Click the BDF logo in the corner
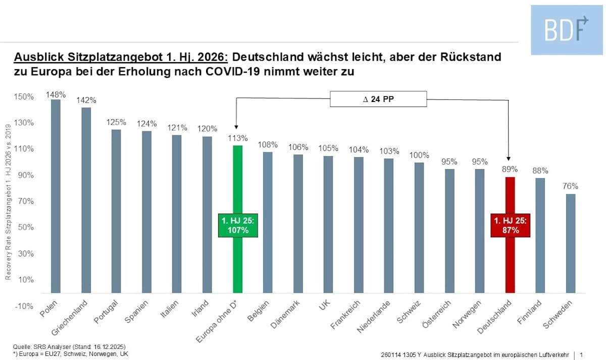point(567,30)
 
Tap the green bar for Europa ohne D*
point(237,263)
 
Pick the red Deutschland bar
point(510,263)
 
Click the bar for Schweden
point(570,243)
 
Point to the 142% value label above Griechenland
point(86,100)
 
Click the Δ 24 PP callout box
point(379,99)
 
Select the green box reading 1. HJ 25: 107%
point(238,225)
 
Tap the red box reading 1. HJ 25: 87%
point(511,225)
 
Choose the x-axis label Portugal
point(107,313)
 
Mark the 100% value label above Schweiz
point(419,155)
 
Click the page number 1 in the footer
point(582,354)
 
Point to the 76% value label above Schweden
point(571,186)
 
